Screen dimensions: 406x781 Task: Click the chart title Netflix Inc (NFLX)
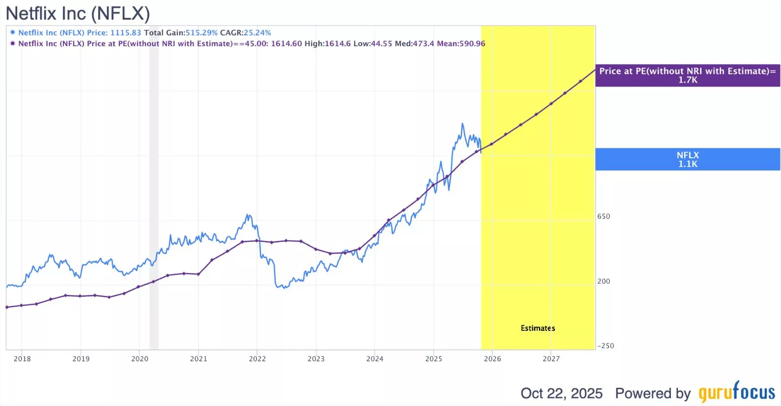(78, 13)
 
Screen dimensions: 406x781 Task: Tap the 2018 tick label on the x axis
(22, 359)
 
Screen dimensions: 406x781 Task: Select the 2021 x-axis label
(198, 359)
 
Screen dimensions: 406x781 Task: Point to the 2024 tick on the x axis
(375, 359)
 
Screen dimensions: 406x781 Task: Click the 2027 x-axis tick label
(551, 359)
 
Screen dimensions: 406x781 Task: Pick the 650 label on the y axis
(604, 216)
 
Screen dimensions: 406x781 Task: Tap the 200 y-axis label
(604, 281)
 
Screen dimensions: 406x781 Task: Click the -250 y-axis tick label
(606, 346)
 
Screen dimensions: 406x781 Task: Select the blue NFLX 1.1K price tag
(687, 159)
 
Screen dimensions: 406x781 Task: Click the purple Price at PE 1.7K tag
(687, 75)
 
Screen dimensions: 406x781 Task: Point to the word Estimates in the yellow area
(538, 328)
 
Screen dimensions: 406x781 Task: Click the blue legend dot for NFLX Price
(13, 32)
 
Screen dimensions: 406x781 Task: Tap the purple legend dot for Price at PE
(13, 43)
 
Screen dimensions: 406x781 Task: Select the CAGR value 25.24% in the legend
(257, 33)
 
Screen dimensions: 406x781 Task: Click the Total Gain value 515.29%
(201, 33)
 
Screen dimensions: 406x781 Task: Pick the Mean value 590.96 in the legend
(471, 44)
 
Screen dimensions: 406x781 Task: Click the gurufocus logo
(737, 392)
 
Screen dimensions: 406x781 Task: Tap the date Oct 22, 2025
(561, 393)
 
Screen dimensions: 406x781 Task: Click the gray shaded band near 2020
(154, 197)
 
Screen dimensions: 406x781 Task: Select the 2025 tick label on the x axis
(434, 359)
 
